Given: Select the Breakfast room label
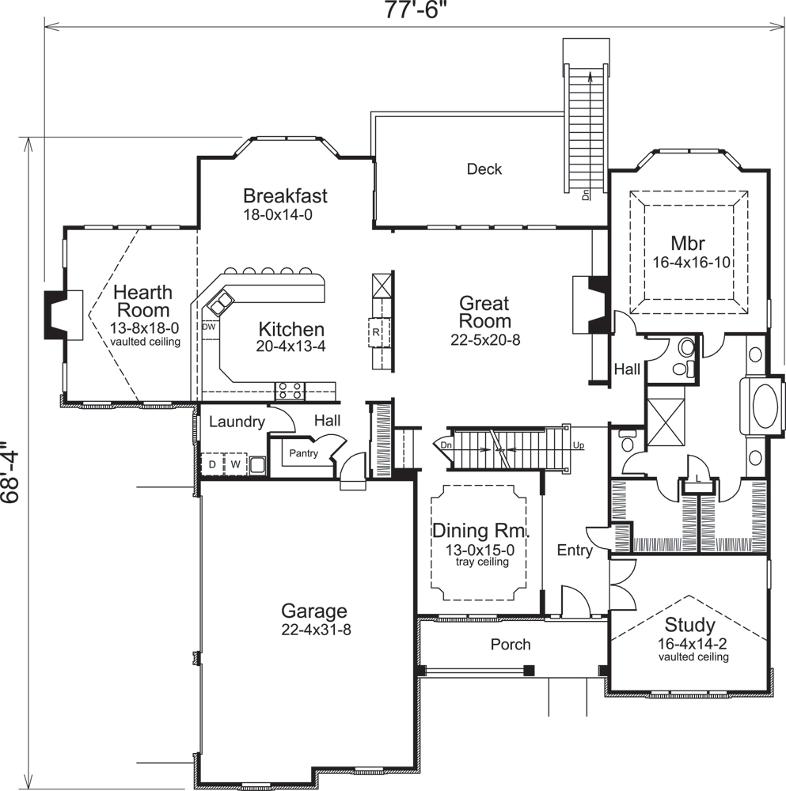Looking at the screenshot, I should point(285,195).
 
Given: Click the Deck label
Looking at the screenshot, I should point(484,168).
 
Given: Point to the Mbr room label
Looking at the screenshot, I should point(688,242).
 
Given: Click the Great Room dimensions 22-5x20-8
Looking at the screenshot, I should point(484,341).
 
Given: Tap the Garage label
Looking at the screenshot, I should point(313,611).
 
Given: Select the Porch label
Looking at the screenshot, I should point(511,645).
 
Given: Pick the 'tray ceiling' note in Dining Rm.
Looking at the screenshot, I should point(481,562).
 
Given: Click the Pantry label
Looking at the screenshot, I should point(303,454).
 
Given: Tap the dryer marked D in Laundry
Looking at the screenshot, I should point(212,464).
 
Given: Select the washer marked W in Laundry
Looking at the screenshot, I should point(235,464).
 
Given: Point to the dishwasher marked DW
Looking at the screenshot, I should point(209,326).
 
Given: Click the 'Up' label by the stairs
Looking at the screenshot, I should point(579,445).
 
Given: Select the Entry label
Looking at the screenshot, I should point(574,551).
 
